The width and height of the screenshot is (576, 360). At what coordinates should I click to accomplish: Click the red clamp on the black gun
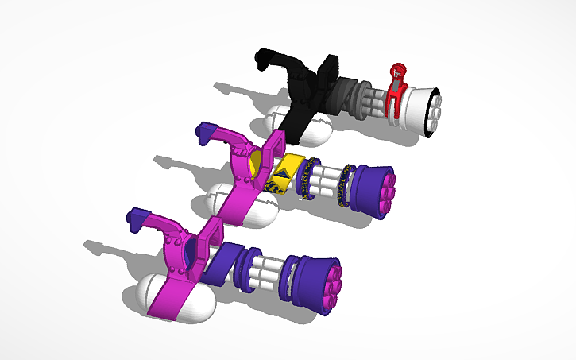click(395, 94)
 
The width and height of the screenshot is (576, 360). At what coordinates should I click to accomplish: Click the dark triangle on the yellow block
click(283, 171)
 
